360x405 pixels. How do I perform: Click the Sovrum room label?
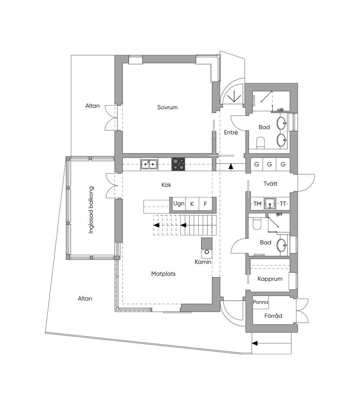(167, 107)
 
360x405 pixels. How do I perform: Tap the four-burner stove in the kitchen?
(178, 164)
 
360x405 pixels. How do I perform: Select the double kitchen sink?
(149, 164)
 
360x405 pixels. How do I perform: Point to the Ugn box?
(179, 204)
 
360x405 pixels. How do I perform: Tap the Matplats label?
(163, 274)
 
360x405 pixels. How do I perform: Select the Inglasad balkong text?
(91, 210)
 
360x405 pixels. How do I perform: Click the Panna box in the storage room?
(261, 302)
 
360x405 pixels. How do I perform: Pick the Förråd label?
(273, 316)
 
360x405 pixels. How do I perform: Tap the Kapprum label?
(270, 279)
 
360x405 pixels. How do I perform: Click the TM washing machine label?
(257, 204)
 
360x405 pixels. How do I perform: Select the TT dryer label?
(283, 204)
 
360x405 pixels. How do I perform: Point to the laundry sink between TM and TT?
(270, 203)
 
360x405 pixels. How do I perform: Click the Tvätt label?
(270, 184)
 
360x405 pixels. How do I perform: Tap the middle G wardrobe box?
(270, 164)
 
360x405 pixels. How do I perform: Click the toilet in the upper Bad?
(261, 143)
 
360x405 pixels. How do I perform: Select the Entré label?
(231, 132)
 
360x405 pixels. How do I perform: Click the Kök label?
(166, 185)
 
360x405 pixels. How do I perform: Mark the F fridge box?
(205, 204)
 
